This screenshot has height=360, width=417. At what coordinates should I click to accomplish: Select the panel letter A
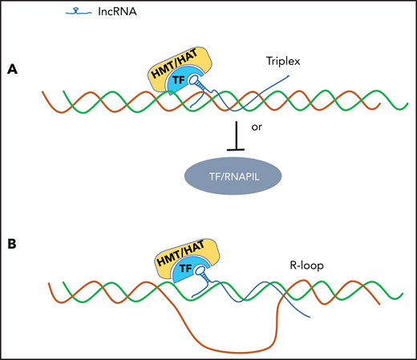coord(14,70)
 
